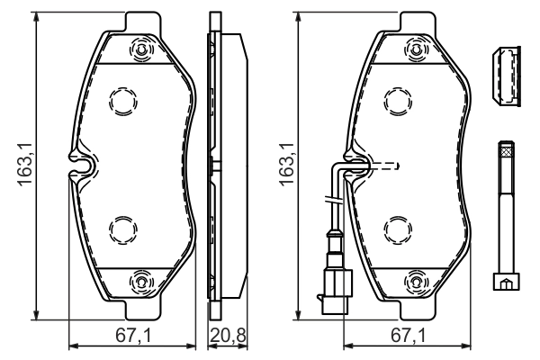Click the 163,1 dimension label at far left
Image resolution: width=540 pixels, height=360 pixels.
[x=24, y=167]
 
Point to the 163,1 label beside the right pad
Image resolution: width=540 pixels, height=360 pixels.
[x=287, y=167]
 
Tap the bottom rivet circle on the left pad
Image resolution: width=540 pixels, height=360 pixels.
[x=140, y=282]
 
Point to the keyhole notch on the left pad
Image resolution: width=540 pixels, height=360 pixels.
[x=82, y=164]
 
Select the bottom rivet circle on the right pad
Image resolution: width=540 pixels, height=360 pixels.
[x=418, y=282]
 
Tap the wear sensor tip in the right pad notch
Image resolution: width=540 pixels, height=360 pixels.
[x=359, y=165]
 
